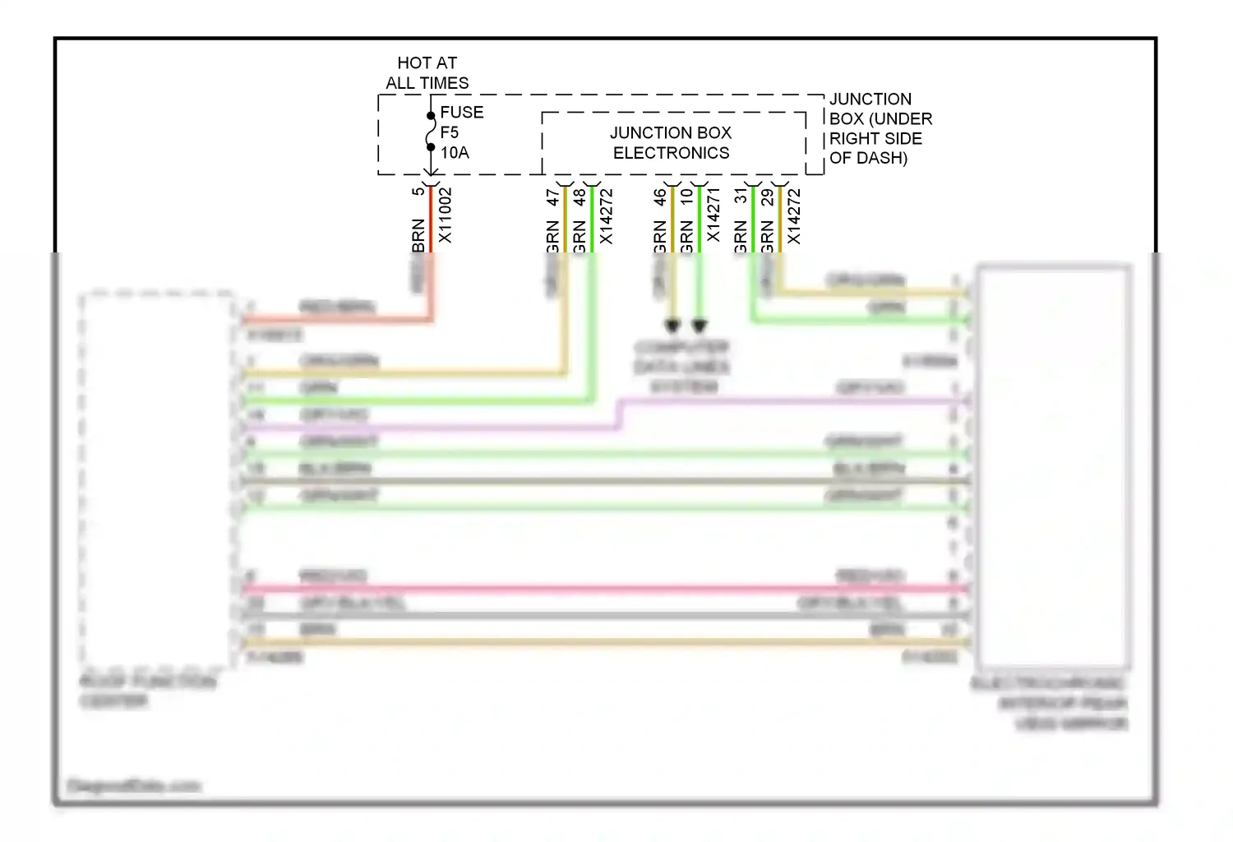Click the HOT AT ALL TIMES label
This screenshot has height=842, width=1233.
(427, 72)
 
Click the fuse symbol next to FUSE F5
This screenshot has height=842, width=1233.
(430, 132)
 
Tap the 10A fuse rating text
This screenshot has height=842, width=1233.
(455, 153)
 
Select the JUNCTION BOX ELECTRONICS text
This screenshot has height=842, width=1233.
(671, 142)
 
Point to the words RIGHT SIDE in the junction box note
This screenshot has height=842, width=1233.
(875, 138)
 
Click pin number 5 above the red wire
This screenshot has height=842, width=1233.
(418, 192)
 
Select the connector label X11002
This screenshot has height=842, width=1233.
(445, 215)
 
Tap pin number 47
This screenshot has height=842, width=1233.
(552, 197)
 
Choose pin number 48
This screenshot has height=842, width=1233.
(580, 197)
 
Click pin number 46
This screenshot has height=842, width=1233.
(659, 197)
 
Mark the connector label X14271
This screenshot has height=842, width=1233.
(713, 215)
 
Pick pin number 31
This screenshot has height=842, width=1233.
(741, 196)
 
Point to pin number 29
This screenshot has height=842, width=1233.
(767, 197)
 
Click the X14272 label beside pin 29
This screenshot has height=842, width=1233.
(794, 216)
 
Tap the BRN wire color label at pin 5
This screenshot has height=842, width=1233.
(418, 235)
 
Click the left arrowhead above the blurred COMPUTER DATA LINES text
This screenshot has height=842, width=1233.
(672, 326)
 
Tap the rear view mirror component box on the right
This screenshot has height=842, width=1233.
(1053, 465)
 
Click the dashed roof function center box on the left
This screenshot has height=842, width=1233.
(156, 478)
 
